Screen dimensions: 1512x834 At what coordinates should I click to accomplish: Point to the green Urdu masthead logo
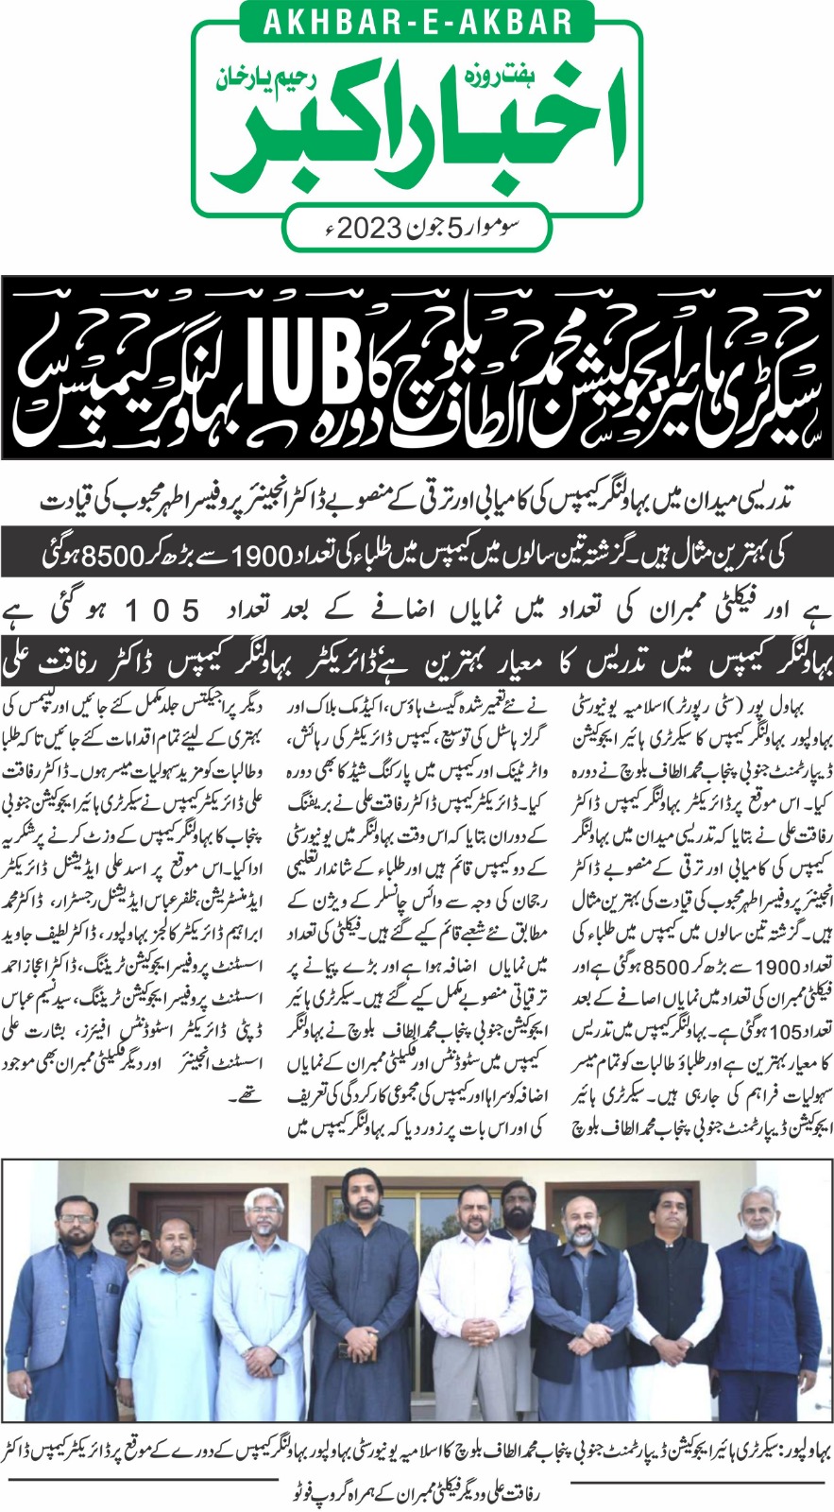click(416, 128)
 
